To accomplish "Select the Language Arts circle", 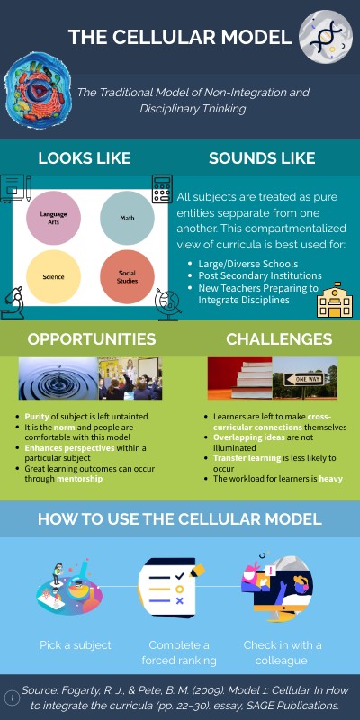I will tap(53, 219).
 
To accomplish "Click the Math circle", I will tap(127, 219).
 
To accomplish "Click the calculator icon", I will tap(162, 189).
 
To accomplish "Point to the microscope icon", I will tap(13, 302).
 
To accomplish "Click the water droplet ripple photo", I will tap(58, 378).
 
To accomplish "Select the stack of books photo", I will tap(239, 378).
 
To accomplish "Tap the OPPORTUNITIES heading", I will tap(91, 339).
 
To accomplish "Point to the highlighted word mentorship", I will tap(79, 480).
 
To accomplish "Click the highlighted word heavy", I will tap(331, 479).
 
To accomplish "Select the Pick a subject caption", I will tap(76, 645).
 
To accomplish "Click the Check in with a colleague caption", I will tap(282, 653).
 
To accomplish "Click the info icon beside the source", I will tap(12, 697).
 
